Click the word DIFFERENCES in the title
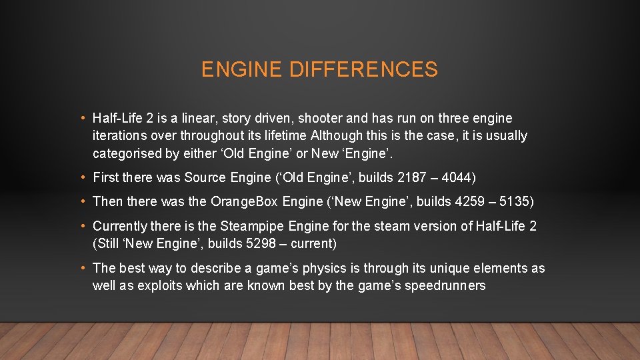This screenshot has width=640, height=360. [363, 69]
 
